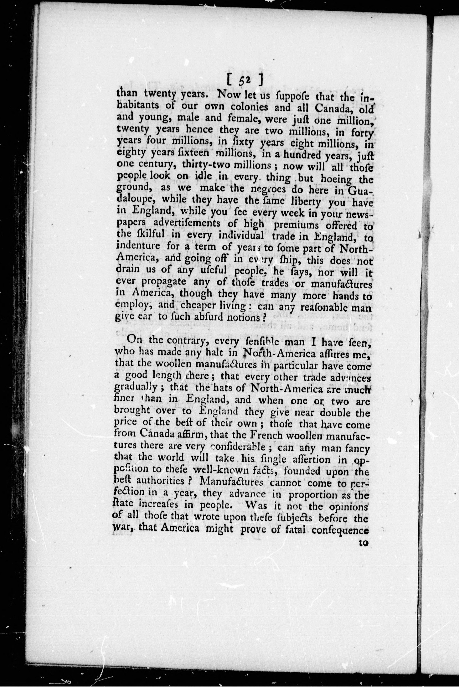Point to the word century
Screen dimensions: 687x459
(x=154, y=164)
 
